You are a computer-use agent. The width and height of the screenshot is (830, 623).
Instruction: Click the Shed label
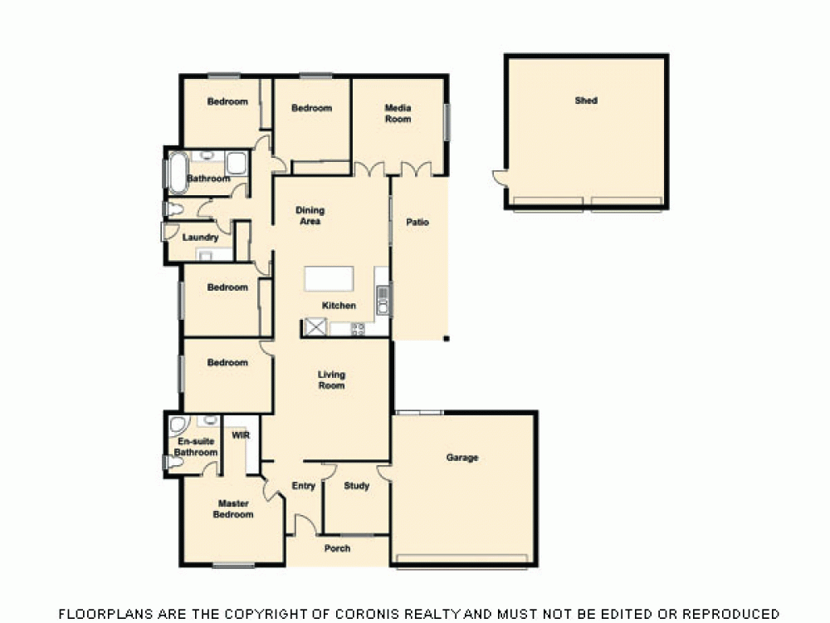[586, 101]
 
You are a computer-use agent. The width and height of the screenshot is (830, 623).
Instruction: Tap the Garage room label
[462, 458]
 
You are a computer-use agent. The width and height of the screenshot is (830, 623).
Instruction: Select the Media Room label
[398, 114]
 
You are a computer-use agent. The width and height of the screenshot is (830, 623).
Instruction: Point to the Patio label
[417, 223]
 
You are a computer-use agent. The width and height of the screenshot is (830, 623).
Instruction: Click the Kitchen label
[339, 306]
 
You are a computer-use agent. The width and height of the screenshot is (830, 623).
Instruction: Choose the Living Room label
[331, 380]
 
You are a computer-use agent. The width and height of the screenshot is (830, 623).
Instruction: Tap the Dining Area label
[309, 216]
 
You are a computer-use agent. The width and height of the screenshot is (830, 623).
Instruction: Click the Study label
[356, 486]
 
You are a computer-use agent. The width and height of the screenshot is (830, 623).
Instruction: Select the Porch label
[337, 548]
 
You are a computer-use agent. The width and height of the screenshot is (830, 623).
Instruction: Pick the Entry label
[304, 486]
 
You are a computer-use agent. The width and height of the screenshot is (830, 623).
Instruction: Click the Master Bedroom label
[233, 509]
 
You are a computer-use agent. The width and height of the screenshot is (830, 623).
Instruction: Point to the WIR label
[241, 435]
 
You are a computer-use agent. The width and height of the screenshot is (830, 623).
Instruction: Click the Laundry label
[200, 238]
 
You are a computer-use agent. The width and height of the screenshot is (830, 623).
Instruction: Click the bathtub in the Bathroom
[176, 172]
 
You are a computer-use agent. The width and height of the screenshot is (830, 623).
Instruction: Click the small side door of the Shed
[498, 177]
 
